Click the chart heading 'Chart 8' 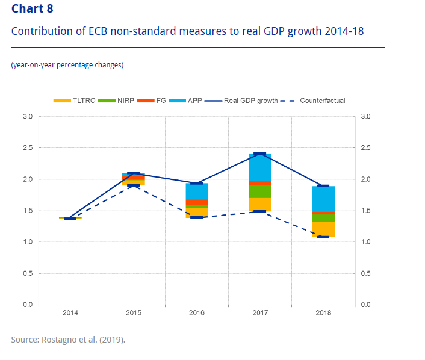coord(36,8)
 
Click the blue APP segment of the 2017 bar coord(260,167)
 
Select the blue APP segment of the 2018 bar coord(323,199)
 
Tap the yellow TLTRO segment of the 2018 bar coord(323,229)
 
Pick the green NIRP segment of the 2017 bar coord(260,191)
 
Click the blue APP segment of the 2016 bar coord(197,191)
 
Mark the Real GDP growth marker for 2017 coord(260,154)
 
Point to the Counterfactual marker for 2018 coord(323,237)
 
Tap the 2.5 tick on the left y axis coord(28,147)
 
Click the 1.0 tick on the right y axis coord(365,242)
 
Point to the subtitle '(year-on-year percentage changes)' coord(67,65)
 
